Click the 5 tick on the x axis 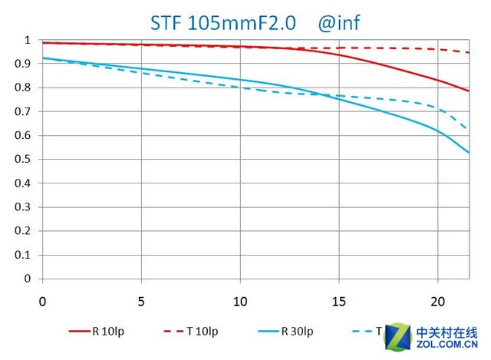coord(141,300)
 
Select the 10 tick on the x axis coord(240,300)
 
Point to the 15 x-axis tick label coord(339,300)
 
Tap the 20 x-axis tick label coord(438,300)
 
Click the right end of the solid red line coord(469,91)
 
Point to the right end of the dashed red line coord(469,52)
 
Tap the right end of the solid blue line coord(469,152)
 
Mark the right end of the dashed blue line coord(469,129)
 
